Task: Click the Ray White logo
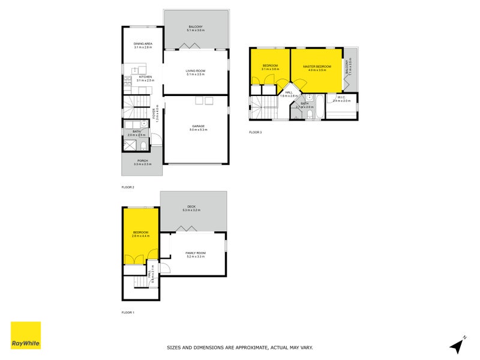pyautogui.click(x=26, y=335)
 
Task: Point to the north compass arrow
pyautogui.click(x=458, y=346)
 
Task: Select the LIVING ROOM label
pyautogui.click(x=196, y=71)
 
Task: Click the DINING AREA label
pyautogui.click(x=143, y=43)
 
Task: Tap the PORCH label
pyautogui.click(x=142, y=161)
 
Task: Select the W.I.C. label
pyautogui.click(x=340, y=97)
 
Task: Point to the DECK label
pyautogui.click(x=193, y=207)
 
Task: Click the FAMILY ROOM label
pyautogui.click(x=196, y=253)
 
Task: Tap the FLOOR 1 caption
pyautogui.click(x=128, y=313)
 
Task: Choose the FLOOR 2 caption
pyautogui.click(x=128, y=187)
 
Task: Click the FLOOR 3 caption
pyautogui.click(x=256, y=132)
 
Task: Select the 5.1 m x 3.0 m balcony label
pyautogui.click(x=196, y=29)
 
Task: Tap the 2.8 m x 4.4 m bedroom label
pyautogui.click(x=141, y=236)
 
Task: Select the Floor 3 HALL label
pyautogui.click(x=289, y=93)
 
